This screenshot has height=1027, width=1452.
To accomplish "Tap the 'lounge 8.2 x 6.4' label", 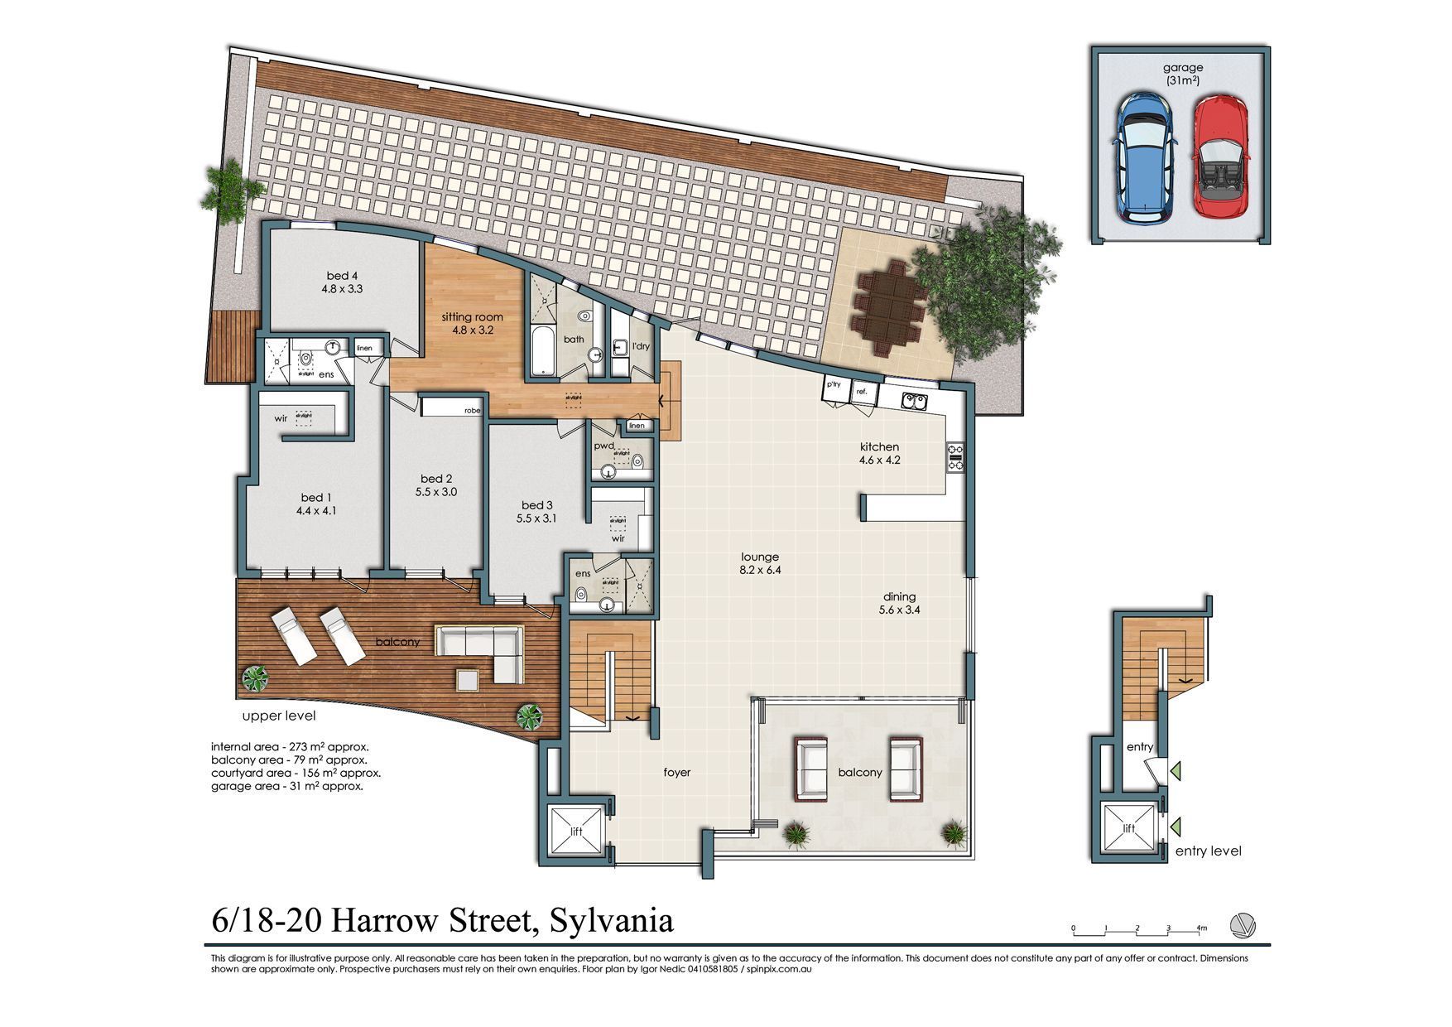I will [760, 563].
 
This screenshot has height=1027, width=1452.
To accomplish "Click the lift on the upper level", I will [577, 832].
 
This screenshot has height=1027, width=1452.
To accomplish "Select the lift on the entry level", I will [1129, 828].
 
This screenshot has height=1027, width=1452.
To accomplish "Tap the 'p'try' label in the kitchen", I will [834, 384].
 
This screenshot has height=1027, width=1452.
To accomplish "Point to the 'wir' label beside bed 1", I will [281, 418].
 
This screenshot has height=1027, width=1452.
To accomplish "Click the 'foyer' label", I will [676, 772].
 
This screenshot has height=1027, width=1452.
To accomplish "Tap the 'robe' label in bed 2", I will [472, 410].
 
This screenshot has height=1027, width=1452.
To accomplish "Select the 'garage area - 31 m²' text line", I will [286, 786].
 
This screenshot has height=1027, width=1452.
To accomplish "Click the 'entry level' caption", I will [1208, 851].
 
